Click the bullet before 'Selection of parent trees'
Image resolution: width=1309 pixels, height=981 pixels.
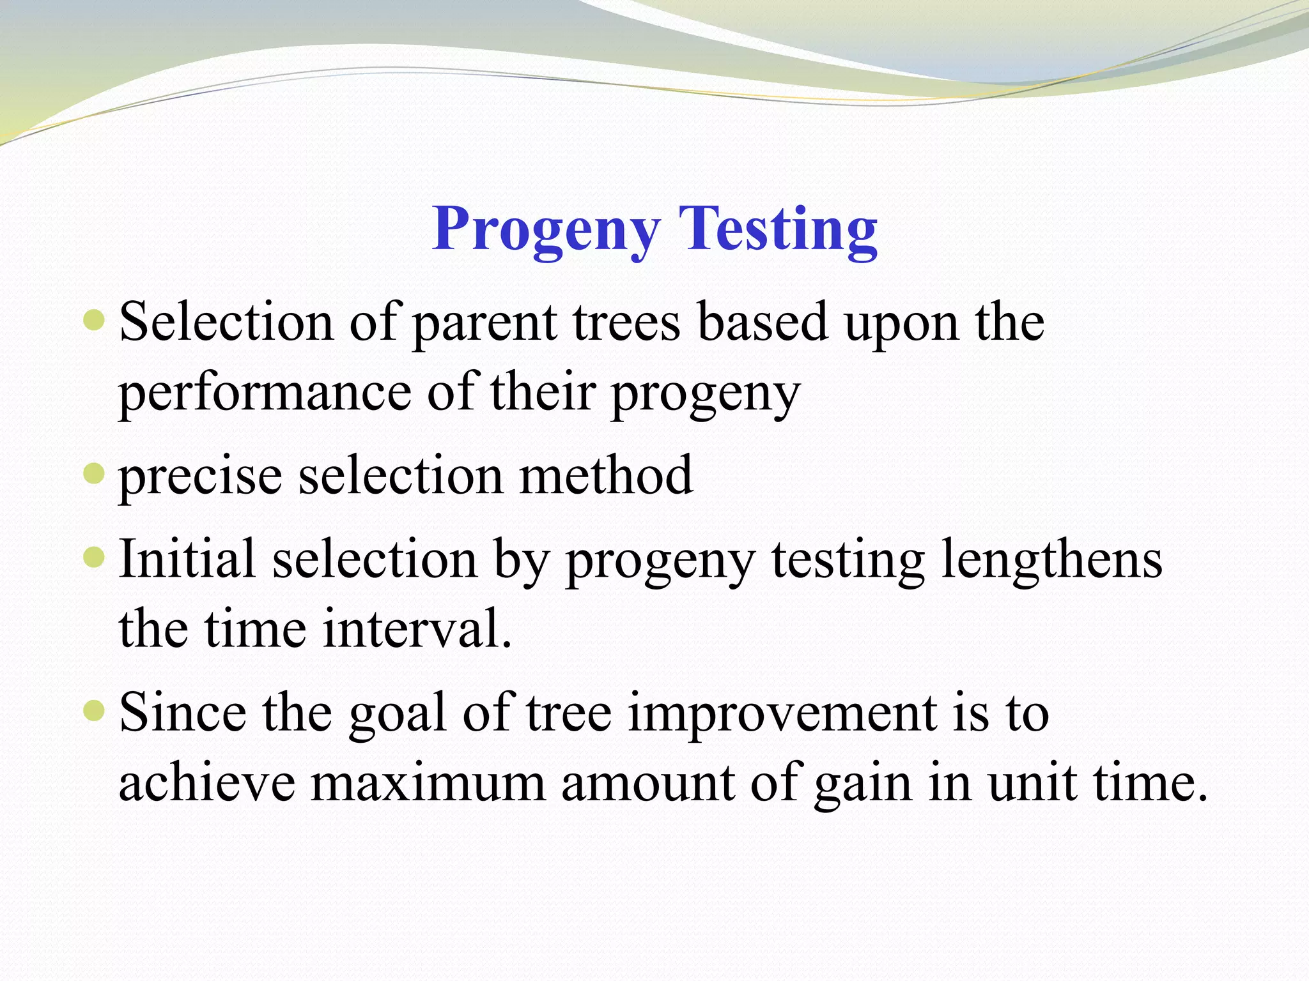click(94, 319)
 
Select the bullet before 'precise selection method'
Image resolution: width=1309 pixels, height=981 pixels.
click(94, 473)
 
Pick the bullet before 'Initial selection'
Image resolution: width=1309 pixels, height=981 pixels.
click(94, 557)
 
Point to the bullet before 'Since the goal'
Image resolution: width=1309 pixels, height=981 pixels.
click(94, 710)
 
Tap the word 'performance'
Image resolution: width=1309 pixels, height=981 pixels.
click(265, 395)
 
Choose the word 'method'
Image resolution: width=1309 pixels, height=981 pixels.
click(606, 476)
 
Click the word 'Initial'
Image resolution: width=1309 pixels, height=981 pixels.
click(187, 559)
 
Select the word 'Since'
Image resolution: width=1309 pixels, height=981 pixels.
click(183, 713)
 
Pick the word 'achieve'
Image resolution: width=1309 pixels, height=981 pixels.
click(207, 784)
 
